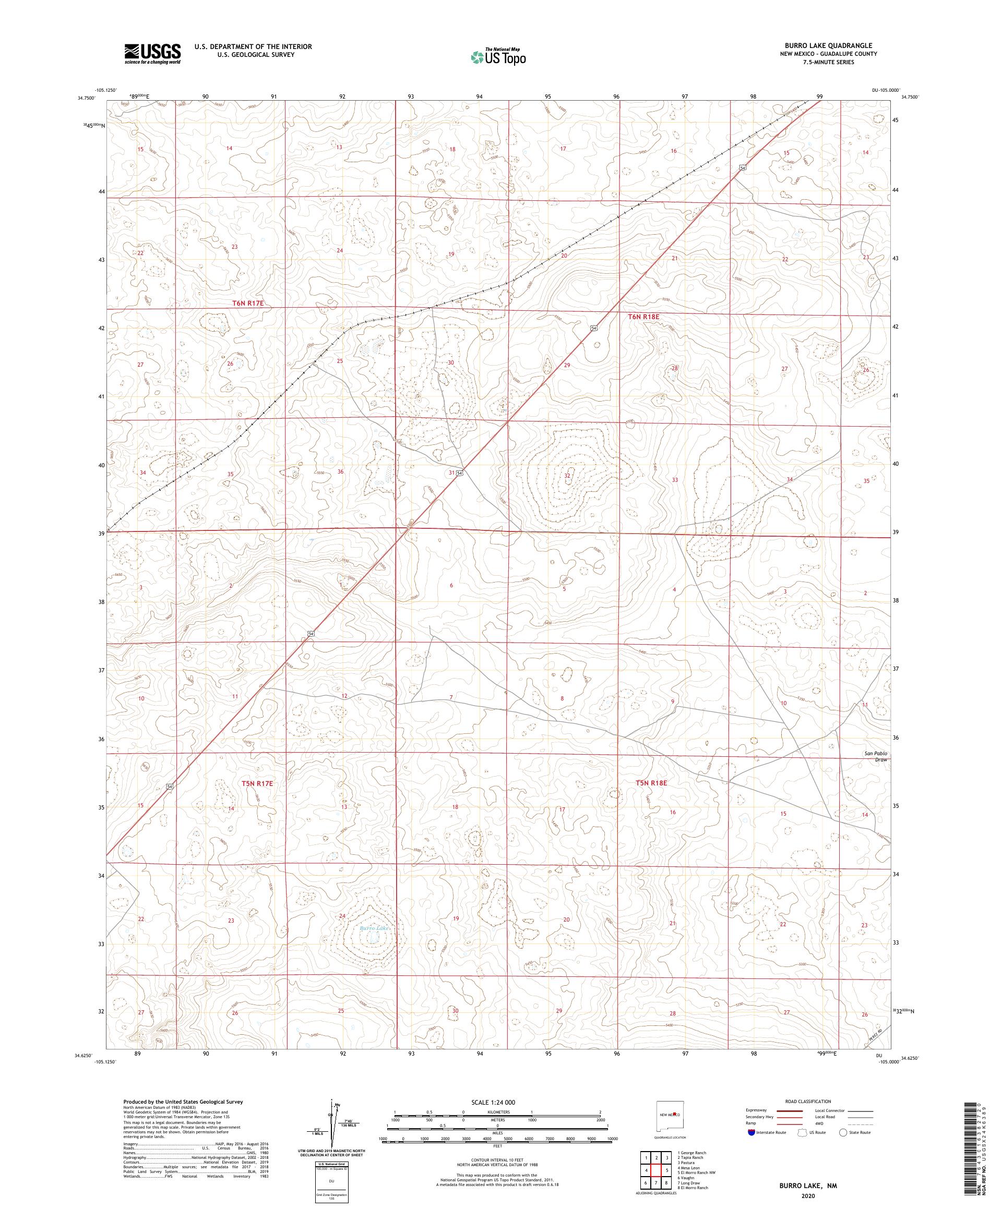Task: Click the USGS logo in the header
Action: point(152,54)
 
